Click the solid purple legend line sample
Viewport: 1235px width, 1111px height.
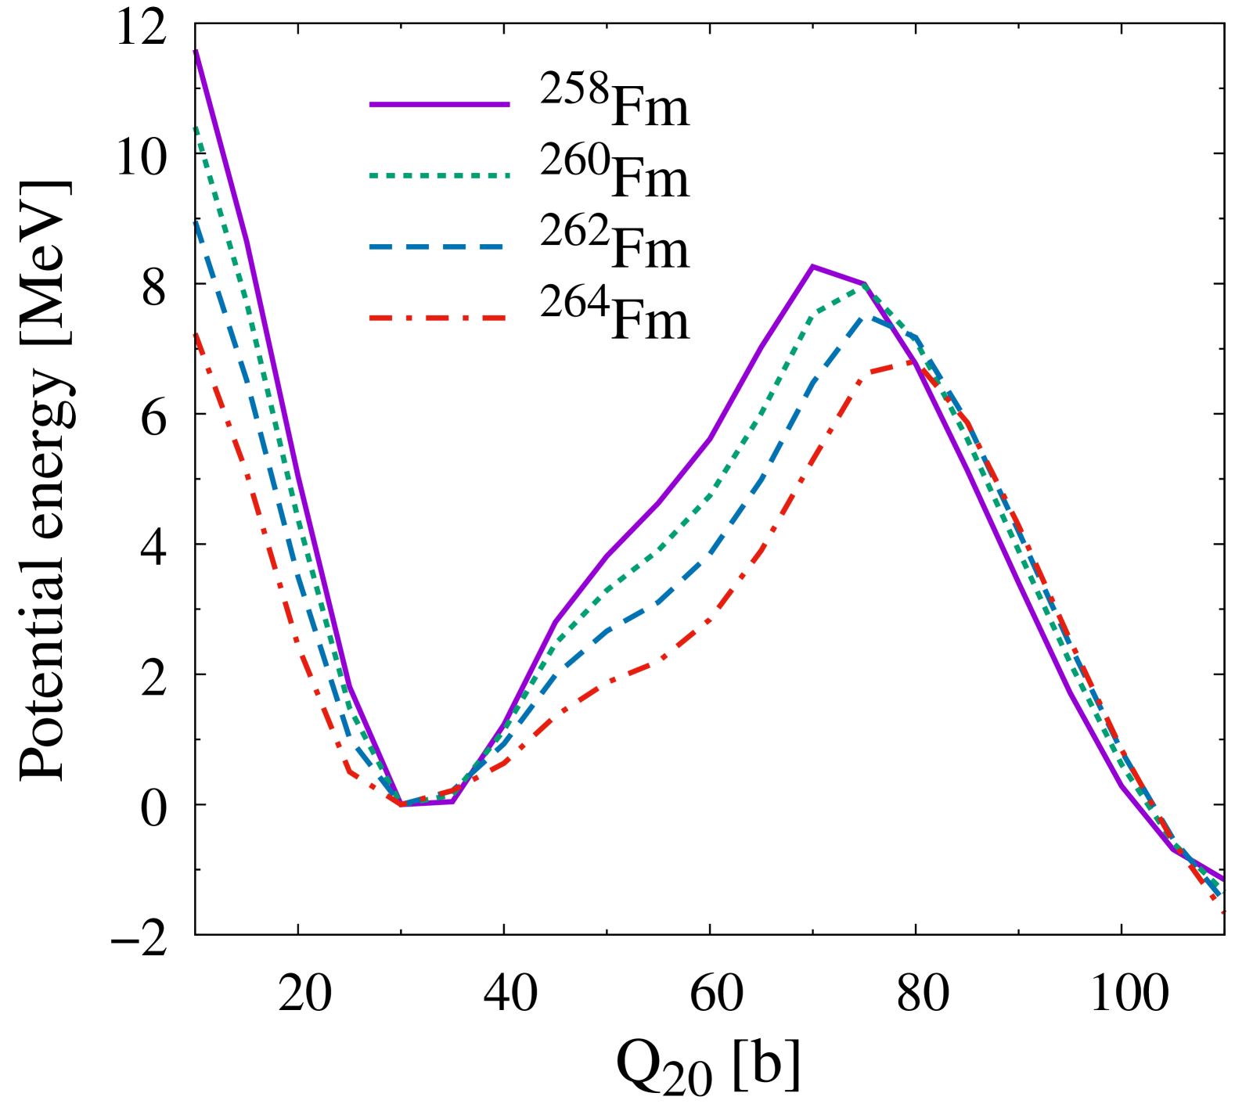coord(439,105)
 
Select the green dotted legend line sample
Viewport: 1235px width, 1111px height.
coord(439,176)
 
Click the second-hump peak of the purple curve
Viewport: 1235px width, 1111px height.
coord(812,268)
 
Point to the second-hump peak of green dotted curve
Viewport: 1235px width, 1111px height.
coord(863,286)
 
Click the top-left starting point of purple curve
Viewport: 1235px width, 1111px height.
coord(196,52)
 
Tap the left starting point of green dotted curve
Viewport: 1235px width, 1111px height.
coord(196,128)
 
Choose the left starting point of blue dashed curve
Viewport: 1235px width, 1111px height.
coord(196,224)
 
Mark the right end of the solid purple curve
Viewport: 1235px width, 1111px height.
coord(1222,879)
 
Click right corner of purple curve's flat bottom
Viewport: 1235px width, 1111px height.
coord(452,802)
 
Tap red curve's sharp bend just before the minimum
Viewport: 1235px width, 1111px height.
coord(350,773)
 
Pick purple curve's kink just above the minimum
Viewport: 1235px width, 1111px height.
coord(350,687)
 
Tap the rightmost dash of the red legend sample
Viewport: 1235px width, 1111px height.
coord(494,318)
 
